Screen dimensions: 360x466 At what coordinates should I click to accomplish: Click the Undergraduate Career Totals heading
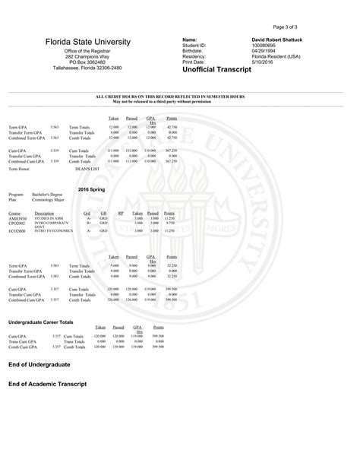(x=40, y=322)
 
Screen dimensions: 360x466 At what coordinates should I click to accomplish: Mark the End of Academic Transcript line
(x=47, y=384)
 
